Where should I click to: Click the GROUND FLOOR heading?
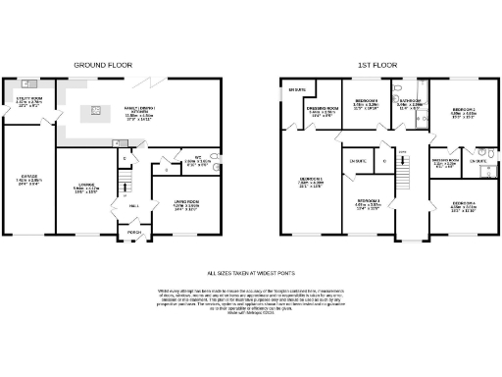pos(103,66)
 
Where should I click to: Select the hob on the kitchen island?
pos(98,107)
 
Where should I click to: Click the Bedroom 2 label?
pos(464,112)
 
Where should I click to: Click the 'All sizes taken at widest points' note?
pos(251,273)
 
